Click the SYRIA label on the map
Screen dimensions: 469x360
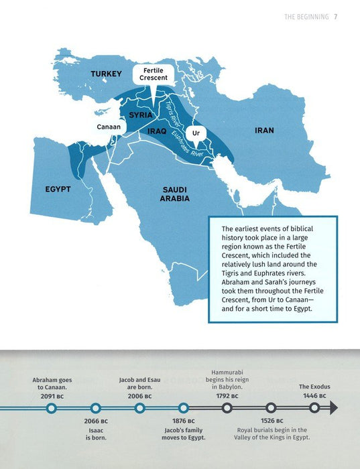point(141,115)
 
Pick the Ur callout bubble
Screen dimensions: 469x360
point(196,134)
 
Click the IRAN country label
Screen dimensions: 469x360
point(264,130)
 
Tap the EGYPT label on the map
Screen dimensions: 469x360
point(58,190)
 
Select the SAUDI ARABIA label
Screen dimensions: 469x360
point(174,194)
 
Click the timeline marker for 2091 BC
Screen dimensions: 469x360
point(52,407)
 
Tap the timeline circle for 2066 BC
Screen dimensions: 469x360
point(96,407)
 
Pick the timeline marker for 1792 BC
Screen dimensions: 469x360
point(227,407)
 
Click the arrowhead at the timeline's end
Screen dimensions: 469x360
point(333,407)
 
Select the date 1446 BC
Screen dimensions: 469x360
point(312,396)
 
